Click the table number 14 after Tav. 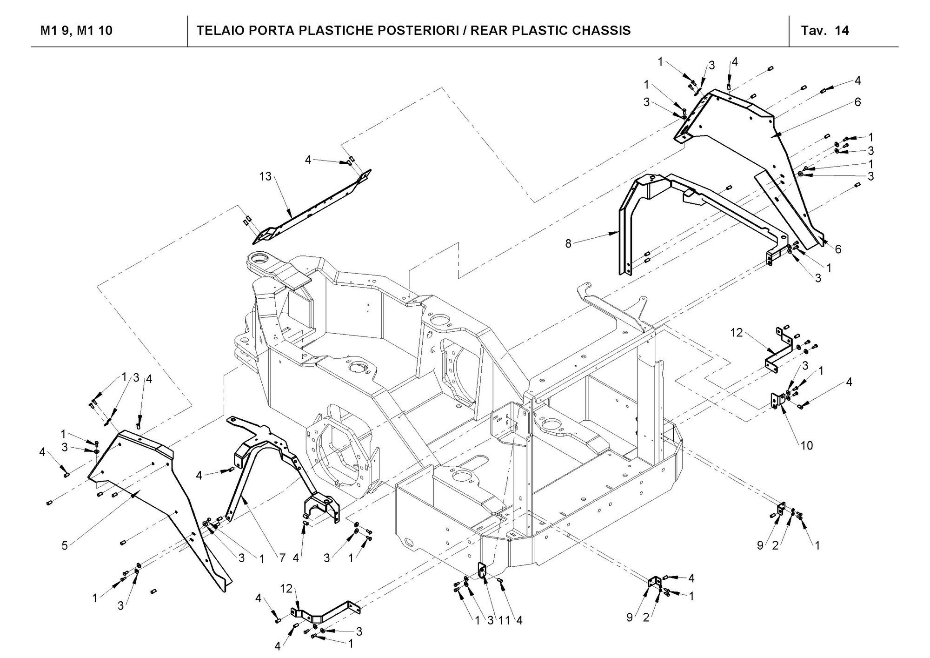[x=842, y=31]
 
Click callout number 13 [x=265, y=177]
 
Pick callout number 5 [x=65, y=545]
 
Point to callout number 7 [x=282, y=557]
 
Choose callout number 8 [x=568, y=243]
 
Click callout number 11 [x=505, y=620]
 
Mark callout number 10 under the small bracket [x=807, y=445]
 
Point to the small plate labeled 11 [x=482, y=570]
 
